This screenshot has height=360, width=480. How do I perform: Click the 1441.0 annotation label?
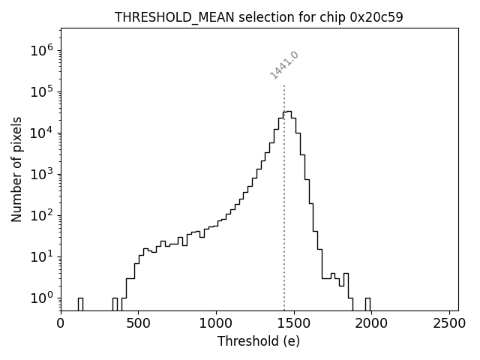284,65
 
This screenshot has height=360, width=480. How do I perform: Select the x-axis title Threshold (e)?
259,341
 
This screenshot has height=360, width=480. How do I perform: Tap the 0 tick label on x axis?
61,324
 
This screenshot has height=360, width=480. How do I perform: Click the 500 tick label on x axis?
138,324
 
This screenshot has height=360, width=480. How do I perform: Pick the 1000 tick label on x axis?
216,324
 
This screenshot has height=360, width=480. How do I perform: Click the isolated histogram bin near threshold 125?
80,304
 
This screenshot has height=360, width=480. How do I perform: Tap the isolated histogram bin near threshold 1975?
367,304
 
